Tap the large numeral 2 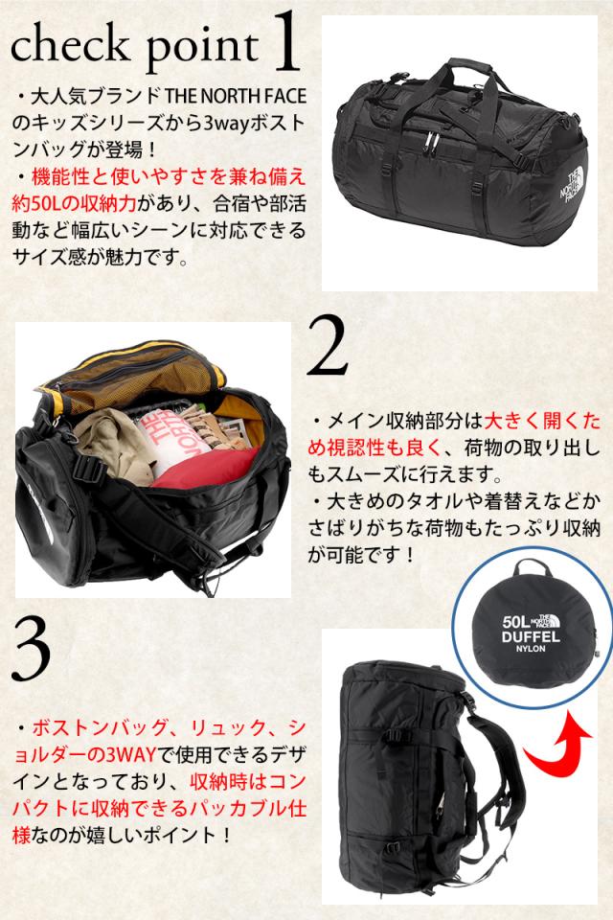[x=328, y=346]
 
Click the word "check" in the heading [x=70, y=45]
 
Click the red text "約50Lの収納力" [x=74, y=203]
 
